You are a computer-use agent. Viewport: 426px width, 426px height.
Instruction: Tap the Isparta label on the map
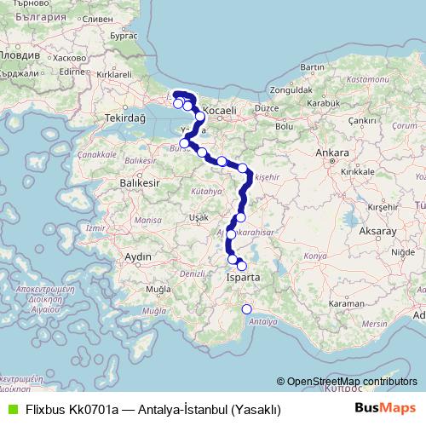pos(243,278)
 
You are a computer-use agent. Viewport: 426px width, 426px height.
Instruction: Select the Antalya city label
pos(264,321)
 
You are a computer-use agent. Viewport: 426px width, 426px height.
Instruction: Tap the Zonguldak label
pos(292,89)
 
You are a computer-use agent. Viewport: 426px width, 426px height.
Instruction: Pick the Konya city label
pos(315,256)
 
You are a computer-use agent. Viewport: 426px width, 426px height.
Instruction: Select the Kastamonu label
pos(367,78)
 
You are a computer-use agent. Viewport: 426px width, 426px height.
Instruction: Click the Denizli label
pos(193,273)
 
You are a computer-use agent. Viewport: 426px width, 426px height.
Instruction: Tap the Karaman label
pos(347,303)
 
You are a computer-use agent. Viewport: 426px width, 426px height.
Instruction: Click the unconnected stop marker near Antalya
pos(248,309)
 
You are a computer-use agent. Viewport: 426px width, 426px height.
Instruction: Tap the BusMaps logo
pos(386,408)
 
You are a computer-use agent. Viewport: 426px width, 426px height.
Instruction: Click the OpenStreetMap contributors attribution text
pos(351,381)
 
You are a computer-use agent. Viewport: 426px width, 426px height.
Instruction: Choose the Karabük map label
pos(323,102)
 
